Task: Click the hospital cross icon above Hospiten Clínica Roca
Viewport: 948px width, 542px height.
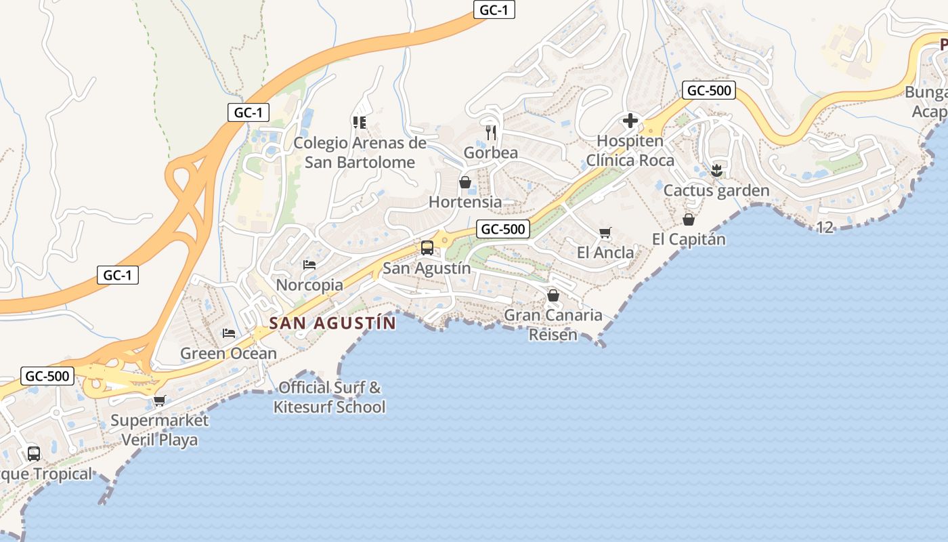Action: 630,121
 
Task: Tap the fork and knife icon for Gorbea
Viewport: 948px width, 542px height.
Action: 492,132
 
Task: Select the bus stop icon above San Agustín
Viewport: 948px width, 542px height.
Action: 427,248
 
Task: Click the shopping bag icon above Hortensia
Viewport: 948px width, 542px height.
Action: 465,182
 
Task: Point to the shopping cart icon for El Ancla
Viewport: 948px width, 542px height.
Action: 605,233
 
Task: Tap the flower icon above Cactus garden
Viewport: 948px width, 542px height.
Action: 716,170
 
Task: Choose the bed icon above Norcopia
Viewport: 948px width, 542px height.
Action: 309,265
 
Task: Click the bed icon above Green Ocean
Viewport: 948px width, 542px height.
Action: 229,333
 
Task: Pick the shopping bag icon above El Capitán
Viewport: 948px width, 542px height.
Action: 689,220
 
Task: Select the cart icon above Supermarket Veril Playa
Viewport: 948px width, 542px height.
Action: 160,401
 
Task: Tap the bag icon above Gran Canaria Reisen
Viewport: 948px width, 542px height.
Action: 553,295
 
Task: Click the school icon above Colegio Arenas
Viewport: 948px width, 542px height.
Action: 360,123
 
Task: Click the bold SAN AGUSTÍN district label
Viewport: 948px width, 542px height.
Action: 332,323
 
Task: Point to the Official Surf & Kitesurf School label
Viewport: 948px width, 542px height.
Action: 330,398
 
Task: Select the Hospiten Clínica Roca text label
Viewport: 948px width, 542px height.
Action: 630,151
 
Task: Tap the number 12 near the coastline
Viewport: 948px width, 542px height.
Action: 825,228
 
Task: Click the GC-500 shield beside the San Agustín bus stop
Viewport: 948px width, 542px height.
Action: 502,229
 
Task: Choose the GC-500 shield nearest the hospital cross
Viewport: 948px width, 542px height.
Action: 709,90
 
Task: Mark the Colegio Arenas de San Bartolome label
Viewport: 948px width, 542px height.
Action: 360,153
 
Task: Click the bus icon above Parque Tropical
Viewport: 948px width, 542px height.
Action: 34,454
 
